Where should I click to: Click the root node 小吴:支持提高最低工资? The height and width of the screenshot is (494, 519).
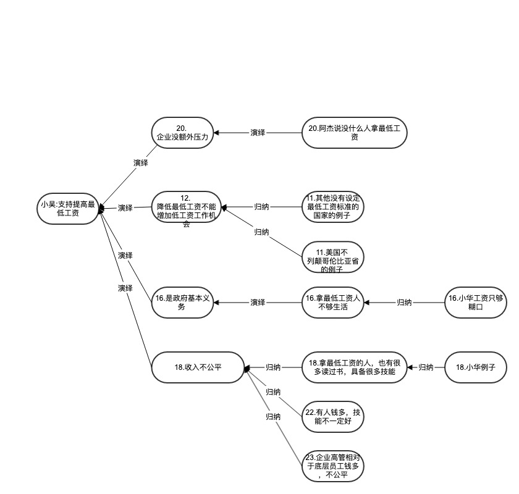(x=67, y=208)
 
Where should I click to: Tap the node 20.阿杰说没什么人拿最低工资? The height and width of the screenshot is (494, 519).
(x=355, y=133)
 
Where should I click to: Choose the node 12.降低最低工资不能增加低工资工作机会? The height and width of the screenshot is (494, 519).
(x=187, y=208)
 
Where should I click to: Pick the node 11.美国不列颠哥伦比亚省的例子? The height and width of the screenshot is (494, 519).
(x=332, y=257)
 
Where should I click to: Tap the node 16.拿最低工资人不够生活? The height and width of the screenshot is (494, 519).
(x=332, y=303)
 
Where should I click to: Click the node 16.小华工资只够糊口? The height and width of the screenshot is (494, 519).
(x=476, y=303)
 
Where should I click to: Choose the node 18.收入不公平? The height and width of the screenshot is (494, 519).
(x=198, y=367)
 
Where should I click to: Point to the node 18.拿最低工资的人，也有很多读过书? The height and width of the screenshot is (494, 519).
(x=355, y=367)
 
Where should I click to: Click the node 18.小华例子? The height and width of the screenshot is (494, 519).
(x=476, y=367)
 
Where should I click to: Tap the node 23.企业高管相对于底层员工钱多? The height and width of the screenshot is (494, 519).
(x=332, y=466)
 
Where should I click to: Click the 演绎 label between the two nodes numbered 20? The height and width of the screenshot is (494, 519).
(x=258, y=133)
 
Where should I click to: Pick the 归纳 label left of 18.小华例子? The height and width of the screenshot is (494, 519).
(x=426, y=367)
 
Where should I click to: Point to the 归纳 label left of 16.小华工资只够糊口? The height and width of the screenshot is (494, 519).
(x=405, y=303)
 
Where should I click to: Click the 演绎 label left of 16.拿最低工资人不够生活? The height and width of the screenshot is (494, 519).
(x=258, y=303)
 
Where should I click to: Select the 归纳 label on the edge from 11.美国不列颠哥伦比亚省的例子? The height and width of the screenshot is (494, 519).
(x=261, y=232)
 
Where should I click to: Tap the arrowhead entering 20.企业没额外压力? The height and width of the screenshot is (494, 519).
(x=217, y=133)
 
